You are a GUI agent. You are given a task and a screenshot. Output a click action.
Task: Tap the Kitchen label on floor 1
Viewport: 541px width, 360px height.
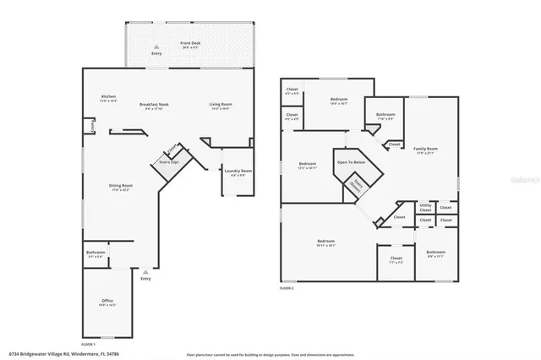pos(108,98)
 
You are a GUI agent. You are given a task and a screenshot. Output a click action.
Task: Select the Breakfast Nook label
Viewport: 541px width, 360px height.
pos(155,106)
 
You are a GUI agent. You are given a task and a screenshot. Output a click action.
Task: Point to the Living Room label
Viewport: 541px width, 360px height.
pos(221,106)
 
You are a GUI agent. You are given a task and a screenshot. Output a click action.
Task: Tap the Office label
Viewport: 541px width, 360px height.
pos(108,302)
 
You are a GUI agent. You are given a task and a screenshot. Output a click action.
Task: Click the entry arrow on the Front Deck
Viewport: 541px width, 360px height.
pos(156,48)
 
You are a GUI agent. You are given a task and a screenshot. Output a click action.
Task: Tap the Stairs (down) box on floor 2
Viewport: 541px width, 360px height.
pos(358,186)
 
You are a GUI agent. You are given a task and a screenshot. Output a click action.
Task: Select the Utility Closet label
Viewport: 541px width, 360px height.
pos(425,207)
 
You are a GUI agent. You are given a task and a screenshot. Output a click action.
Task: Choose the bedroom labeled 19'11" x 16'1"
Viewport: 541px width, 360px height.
pos(326,244)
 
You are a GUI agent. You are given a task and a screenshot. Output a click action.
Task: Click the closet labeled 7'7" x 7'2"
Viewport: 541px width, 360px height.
pos(396,260)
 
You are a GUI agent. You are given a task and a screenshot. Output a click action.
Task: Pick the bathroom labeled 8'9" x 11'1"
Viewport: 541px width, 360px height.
pos(435,254)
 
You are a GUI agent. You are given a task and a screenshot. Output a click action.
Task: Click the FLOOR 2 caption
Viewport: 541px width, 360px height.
pos(287,289)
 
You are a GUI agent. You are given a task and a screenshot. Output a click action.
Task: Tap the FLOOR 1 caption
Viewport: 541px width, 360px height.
pos(88,345)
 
